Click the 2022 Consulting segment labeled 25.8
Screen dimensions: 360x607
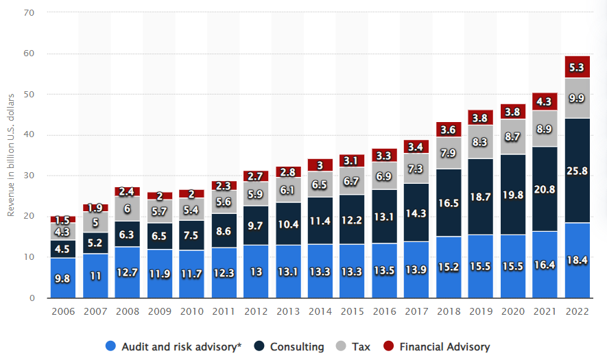point(577,170)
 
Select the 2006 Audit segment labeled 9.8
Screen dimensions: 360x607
point(62,278)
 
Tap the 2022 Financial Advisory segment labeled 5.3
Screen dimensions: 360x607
point(577,67)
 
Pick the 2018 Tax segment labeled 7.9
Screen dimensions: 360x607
point(448,153)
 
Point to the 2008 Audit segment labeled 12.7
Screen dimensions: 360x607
point(127,272)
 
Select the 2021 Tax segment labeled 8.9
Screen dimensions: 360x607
point(545,129)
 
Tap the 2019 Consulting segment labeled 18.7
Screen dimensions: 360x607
point(480,196)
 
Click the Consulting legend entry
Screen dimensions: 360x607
point(292,347)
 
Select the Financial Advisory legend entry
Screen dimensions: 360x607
point(439,347)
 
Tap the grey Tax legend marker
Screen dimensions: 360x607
point(344,347)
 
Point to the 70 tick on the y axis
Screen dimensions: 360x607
point(32,12)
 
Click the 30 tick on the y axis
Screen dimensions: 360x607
point(32,176)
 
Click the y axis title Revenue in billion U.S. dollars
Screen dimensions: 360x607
point(12,156)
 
